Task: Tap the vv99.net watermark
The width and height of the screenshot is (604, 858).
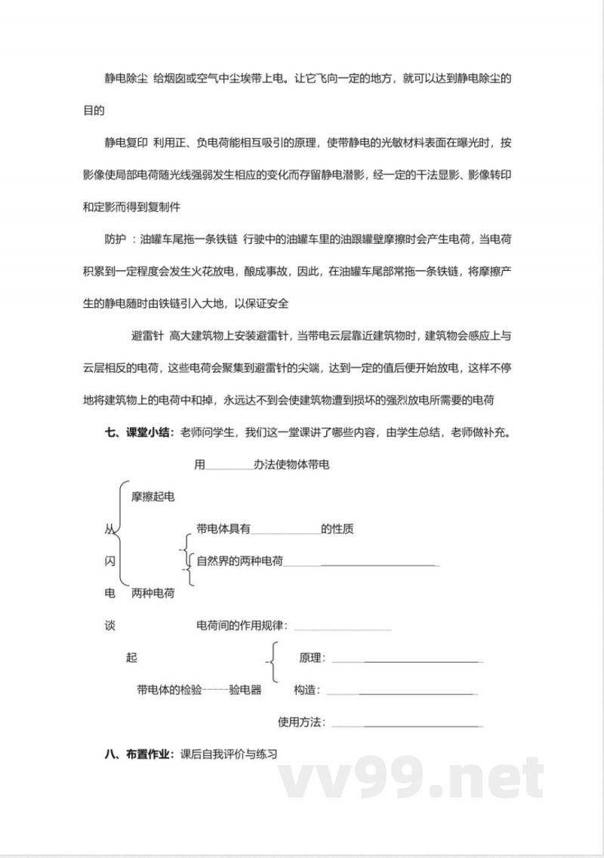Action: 411,777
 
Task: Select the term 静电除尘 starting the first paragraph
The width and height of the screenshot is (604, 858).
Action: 125,79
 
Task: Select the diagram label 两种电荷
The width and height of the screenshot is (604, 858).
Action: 153,594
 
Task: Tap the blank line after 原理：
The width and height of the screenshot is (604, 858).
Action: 408,661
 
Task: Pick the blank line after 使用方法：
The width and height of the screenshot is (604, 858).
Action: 408,726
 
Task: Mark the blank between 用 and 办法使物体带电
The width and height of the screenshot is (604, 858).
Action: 230,469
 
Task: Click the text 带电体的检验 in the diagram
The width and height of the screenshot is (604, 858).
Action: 170,690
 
